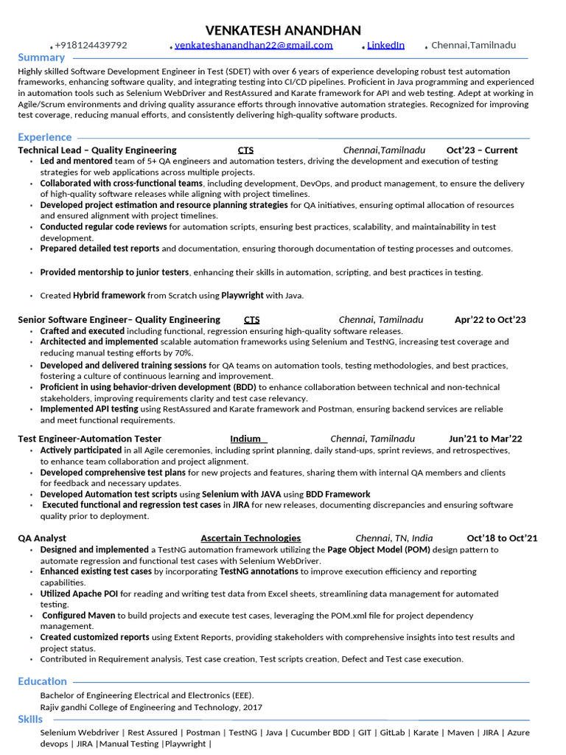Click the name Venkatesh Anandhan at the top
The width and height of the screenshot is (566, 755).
tap(283, 30)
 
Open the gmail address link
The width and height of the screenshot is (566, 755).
tap(254, 46)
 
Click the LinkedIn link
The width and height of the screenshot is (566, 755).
tap(385, 46)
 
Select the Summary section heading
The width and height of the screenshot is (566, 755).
tap(41, 58)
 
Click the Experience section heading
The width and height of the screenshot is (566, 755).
tap(45, 137)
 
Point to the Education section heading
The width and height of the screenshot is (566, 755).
tap(43, 681)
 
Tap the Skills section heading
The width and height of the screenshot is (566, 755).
tap(30, 719)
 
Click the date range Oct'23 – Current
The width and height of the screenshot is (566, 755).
tap(482, 150)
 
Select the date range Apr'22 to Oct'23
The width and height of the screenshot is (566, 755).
tap(490, 320)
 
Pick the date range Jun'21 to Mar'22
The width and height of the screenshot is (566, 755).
tap(485, 439)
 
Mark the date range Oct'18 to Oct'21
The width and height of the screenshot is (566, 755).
tap(502, 538)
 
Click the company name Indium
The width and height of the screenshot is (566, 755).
tap(245, 439)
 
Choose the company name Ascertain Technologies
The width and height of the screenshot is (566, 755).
tap(251, 538)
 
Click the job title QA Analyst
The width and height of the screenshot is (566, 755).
tap(42, 538)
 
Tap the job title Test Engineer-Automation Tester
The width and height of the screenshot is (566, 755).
tap(90, 439)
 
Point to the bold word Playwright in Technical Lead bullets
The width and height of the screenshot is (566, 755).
tap(242, 296)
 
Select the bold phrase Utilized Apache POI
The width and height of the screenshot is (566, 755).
tap(79, 594)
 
